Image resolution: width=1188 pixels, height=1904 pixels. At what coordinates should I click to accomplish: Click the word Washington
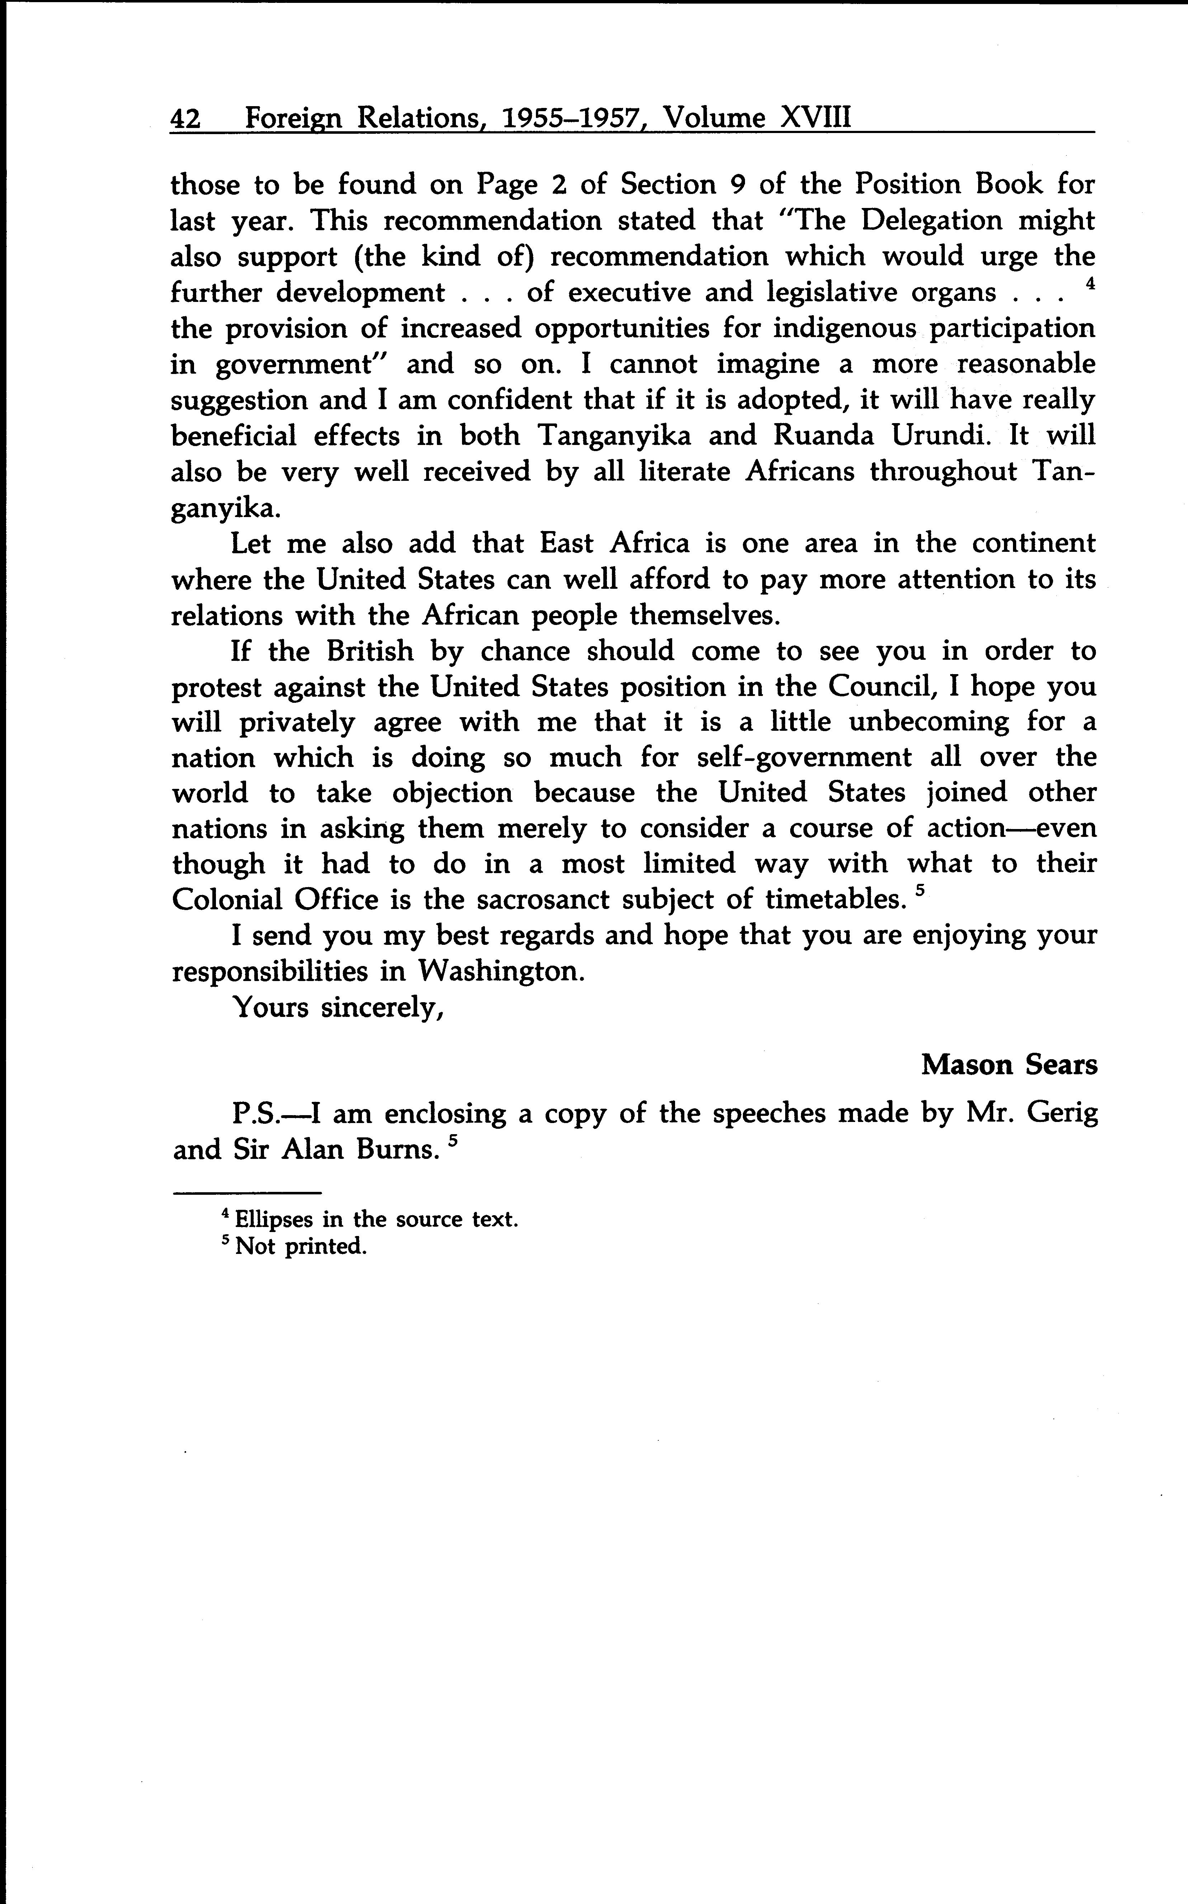501,972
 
